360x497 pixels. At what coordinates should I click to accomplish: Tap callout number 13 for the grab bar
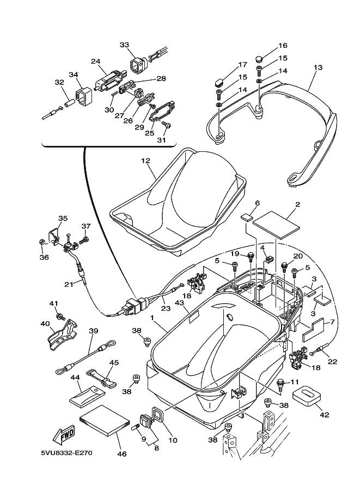pos(318,67)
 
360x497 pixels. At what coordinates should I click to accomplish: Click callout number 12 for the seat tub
pos(145,161)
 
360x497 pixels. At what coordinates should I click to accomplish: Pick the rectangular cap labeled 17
pos(218,81)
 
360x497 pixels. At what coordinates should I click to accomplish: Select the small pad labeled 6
pos(247,217)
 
